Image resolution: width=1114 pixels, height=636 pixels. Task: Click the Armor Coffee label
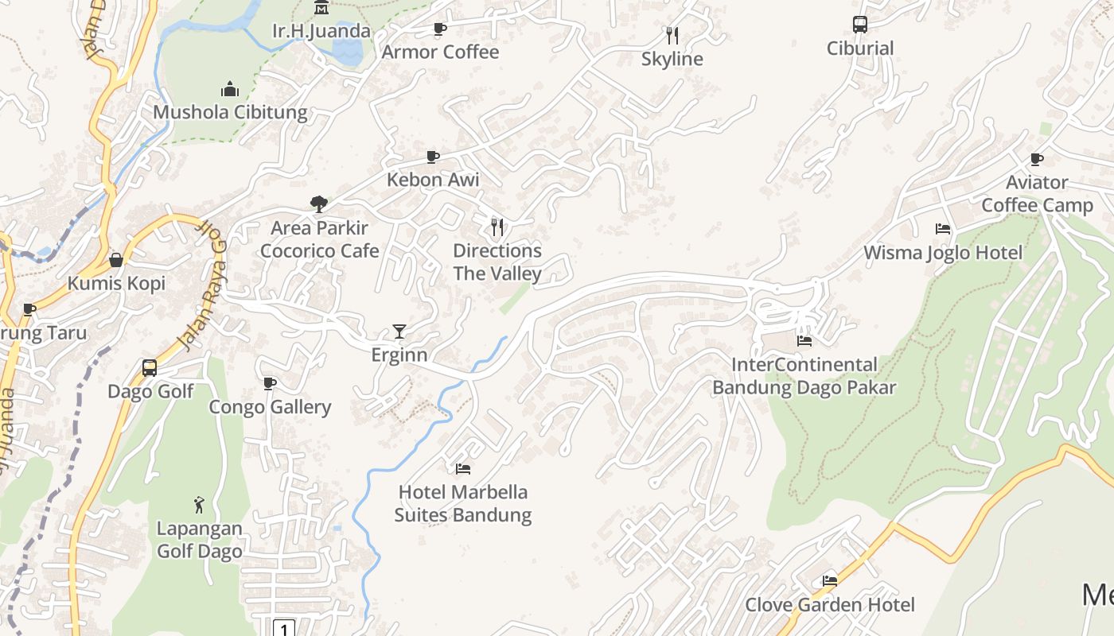440,52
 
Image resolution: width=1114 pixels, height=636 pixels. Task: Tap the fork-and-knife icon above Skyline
672,35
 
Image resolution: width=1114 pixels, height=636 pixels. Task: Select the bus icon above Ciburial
860,25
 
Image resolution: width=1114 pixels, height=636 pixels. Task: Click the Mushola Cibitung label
230,112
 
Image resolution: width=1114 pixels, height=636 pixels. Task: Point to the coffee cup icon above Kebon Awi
432,157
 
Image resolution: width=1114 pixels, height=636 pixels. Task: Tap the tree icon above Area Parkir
319,204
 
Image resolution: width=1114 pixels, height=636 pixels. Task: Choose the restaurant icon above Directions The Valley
497,227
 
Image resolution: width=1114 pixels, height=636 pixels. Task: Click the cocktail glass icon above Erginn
399,332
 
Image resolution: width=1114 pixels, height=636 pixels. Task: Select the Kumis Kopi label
116,284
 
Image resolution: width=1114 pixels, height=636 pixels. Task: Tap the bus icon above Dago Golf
150,368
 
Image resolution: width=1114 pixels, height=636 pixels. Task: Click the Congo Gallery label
270,407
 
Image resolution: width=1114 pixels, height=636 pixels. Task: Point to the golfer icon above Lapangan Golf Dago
199,505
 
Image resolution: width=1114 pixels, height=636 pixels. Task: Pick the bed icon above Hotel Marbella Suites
463,469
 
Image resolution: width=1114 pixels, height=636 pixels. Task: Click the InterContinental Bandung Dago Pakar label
804,376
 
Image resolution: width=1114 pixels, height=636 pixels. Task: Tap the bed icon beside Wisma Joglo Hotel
943,229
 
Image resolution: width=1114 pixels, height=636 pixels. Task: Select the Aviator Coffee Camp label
1037,194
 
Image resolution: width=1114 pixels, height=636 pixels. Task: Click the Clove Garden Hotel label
830,605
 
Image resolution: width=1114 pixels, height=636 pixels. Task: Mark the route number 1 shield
284,628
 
